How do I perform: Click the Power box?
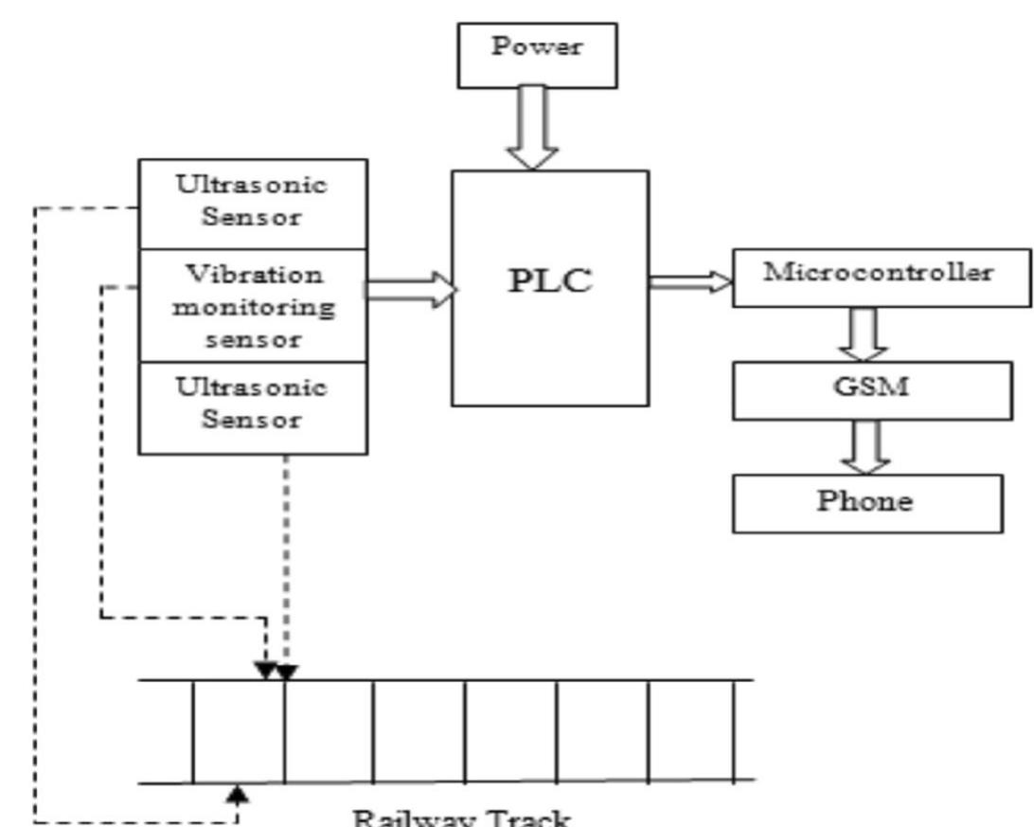pyautogui.click(x=537, y=55)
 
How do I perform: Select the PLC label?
pyautogui.click(x=550, y=281)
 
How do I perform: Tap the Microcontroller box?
pyautogui.click(x=881, y=277)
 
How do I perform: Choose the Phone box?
pyautogui.click(x=866, y=503)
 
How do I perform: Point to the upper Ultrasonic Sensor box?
pyautogui.click(x=253, y=202)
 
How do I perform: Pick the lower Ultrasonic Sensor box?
pyautogui.click(x=253, y=405)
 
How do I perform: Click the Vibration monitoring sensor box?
pyautogui.click(x=253, y=305)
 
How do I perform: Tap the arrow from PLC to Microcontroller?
pyautogui.click(x=690, y=281)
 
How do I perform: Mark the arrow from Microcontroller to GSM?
pyautogui.click(x=865, y=334)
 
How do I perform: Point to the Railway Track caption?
pyautogui.click(x=462, y=817)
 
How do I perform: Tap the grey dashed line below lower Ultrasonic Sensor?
pyautogui.click(x=286, y=559)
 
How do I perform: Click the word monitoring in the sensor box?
pyautogui.click(x=253, y=307)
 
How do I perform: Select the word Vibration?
pyautogui.click(x=253, y=275)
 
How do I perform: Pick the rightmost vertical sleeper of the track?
pyautogui.click(x=735, y=731)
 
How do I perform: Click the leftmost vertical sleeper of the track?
pyautogui.click(x=193, y=731)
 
